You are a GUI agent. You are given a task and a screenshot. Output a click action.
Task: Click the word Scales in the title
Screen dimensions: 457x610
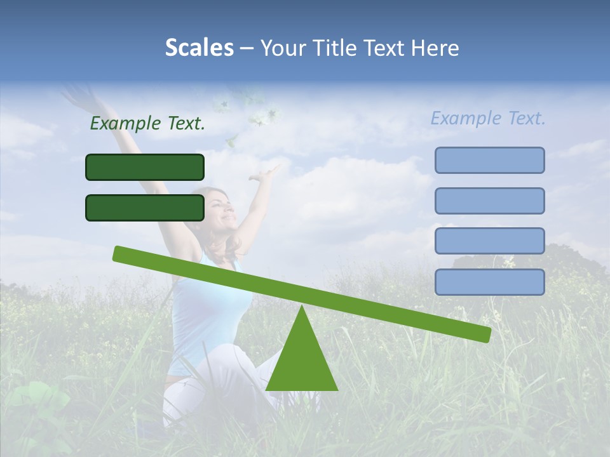click(x=199, y=48)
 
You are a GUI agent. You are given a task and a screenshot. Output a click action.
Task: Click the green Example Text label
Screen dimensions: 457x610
click(x=147, y=123)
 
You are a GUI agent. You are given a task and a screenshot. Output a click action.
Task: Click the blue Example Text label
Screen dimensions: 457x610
click(x=488, y=118)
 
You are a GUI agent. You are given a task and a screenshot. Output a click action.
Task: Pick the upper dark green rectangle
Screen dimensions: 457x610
click(x=145, y=167)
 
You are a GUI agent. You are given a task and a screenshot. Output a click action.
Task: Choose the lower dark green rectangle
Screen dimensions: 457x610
click(x=145, y=208)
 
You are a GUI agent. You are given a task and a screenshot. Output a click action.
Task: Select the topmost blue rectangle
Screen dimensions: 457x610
click(x=489, y=160)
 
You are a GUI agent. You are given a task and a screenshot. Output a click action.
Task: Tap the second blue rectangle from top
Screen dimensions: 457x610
click(x=489, y=201)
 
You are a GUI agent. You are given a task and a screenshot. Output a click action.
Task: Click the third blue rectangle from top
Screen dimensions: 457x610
click(x=489, y=241)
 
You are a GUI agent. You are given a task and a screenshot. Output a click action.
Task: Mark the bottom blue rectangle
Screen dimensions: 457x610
click(x=489, y=282)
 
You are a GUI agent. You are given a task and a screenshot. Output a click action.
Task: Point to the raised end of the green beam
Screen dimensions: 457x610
click(x=121, y=254)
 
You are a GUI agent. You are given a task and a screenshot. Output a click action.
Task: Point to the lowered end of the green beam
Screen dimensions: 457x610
click(x=483, y=333)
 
